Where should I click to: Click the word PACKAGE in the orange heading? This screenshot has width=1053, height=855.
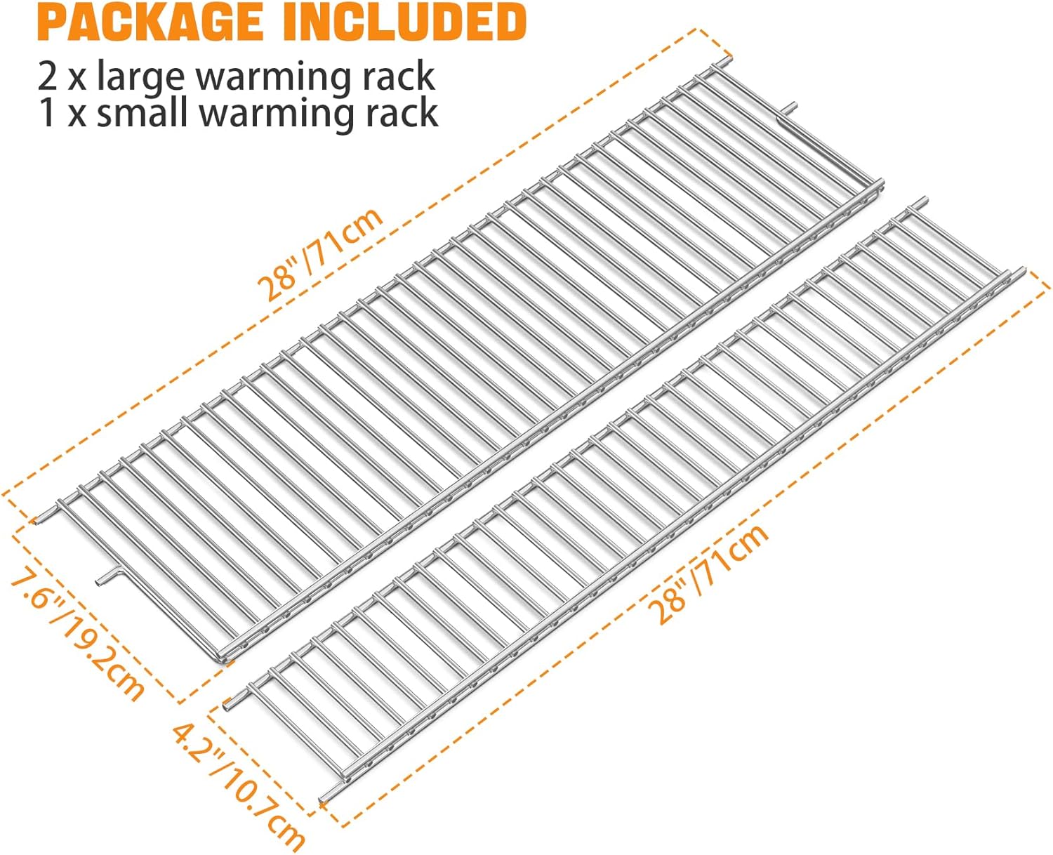pyautogui.click(x=150, y=22)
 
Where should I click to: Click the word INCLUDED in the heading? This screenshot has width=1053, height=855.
pyautogui.click(x=405, y=22)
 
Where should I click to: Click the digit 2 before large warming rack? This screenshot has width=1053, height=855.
pyautogui.click(x=48, y=77)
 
